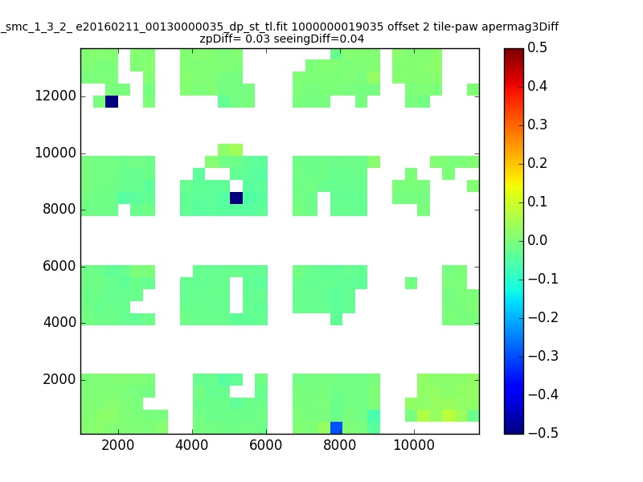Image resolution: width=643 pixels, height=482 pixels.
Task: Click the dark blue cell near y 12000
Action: point(112,102)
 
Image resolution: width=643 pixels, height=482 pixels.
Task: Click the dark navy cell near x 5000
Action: point(236,198)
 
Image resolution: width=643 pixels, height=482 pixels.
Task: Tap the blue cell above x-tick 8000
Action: point(336,428)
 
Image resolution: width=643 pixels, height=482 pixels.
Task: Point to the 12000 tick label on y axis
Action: point(55,96)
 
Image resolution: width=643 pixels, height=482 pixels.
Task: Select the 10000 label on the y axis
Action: point(55,153)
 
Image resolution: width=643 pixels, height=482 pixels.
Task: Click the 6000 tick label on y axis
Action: point(59,266)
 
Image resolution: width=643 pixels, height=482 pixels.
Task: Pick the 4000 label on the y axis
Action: point(59,323)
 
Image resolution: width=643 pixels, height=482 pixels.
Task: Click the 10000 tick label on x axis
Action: point(414,445)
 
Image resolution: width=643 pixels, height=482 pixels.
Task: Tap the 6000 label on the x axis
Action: point(266,445)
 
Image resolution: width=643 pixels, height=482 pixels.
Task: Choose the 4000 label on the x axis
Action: point(192,445)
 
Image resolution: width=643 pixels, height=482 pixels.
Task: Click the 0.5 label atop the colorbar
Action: point(537,47)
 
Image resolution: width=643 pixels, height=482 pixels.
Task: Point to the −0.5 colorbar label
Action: point(543,433)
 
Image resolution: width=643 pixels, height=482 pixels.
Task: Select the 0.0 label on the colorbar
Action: point(537,240)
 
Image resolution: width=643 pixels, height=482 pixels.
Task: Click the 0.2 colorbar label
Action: point(537,163)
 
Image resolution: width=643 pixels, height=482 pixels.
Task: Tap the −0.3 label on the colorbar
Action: point(543,356)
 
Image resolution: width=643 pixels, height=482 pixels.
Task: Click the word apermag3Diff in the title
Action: point(520,27)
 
